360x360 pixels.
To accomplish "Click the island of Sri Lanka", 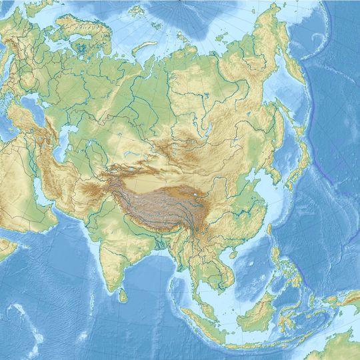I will click(122, 291).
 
